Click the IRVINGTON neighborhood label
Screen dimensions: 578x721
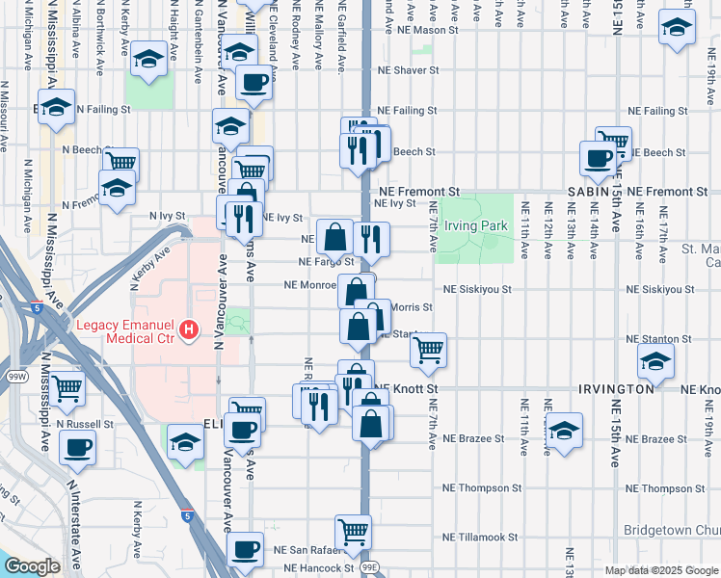tap(617, 388)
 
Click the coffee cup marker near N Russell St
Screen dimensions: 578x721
tap(77, 447)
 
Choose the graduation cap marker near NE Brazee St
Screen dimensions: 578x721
tap(564, 429)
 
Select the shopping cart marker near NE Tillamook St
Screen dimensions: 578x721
tap(354, 530)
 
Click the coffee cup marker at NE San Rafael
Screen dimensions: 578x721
tap(247, 548)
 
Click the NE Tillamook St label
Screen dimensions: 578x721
tap(480, 537)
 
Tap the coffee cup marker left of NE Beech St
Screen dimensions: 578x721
tap(597, 157)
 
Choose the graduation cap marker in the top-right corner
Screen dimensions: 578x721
tap(677, 28)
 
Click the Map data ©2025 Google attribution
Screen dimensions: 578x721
tap(660, 570)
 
